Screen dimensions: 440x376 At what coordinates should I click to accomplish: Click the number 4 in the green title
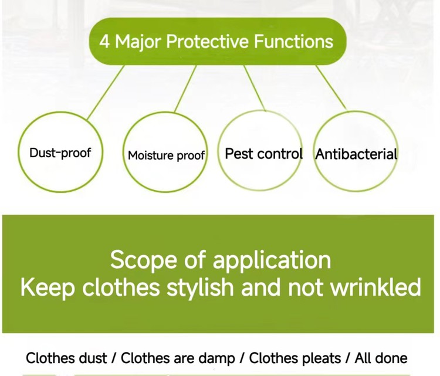(104, 42)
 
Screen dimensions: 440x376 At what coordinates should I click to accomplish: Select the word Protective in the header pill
(207, 41)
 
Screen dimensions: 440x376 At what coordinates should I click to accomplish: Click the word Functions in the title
(293, 41)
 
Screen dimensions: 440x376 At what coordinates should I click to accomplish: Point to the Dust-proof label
(60, 153)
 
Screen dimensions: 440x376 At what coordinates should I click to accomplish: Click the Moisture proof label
(166, 155)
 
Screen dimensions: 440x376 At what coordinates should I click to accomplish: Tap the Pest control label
(263, 154)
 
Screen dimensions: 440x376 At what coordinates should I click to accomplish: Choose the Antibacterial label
(356, 154)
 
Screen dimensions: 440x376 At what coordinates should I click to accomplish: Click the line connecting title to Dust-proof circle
(105, 93)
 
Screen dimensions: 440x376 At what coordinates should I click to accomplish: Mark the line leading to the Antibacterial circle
(331, 88)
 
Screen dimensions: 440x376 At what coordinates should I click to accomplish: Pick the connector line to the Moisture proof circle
(185, 89)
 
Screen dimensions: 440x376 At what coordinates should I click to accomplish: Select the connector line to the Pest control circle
(255, 88)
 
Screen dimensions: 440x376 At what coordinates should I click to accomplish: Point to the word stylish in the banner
(201, 287)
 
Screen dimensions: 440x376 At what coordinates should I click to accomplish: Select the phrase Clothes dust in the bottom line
(66, 358)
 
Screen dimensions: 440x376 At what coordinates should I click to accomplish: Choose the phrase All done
(381, 358)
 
